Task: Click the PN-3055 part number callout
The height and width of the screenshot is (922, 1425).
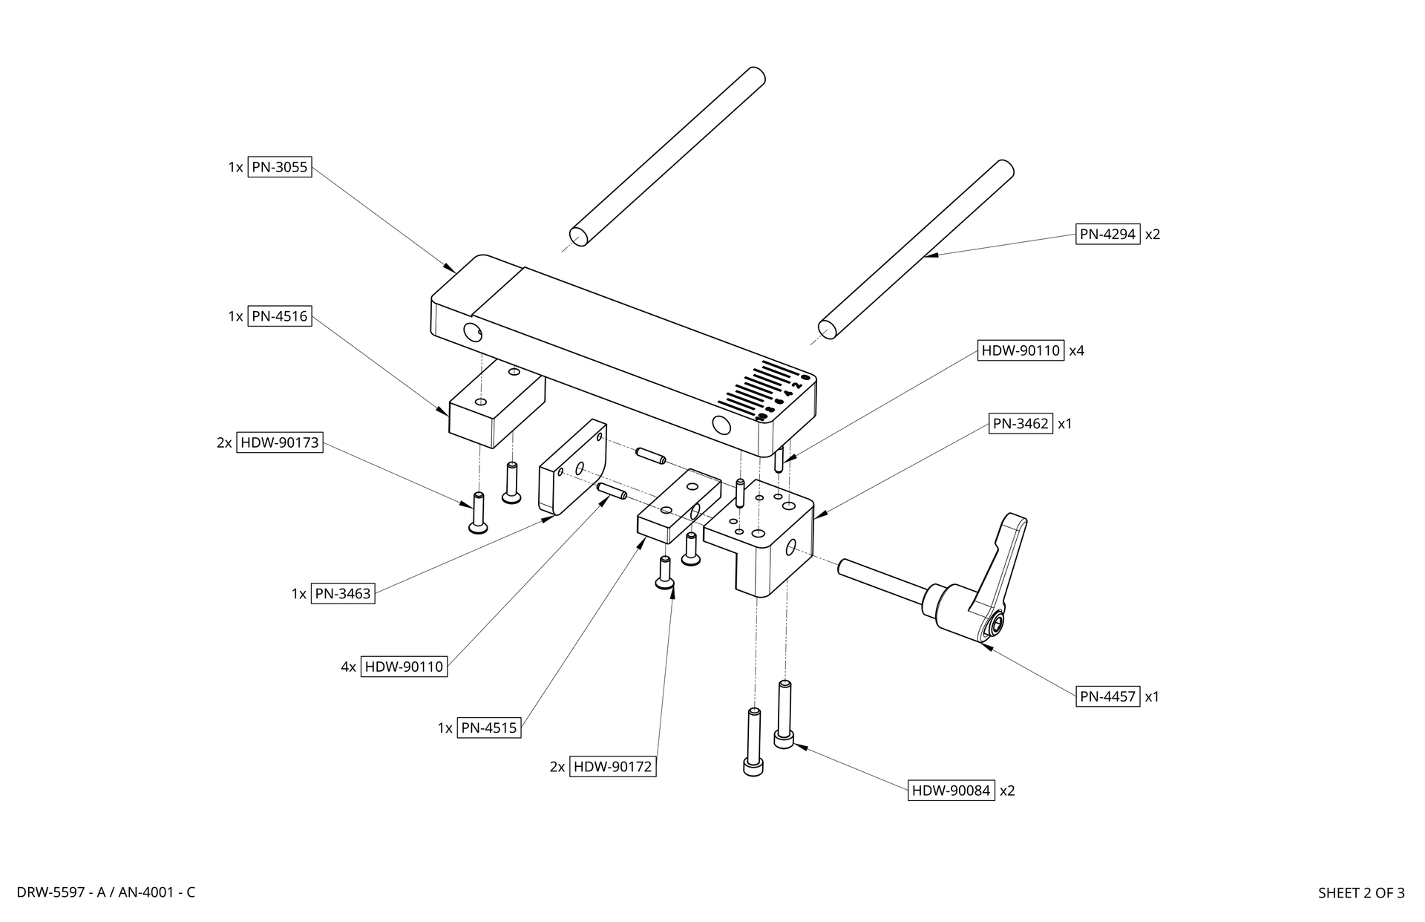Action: (279, 167)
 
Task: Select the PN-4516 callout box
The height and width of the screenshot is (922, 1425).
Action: (279, 316)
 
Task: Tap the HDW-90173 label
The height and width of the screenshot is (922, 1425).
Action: (279, 442)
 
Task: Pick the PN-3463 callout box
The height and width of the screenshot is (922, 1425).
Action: (342, 593)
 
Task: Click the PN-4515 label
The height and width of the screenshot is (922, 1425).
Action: (488, 728)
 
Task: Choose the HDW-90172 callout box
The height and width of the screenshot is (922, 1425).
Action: (612, 766)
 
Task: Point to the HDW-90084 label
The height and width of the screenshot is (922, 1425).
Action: (951, 791)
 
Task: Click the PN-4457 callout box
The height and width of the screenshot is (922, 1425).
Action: (1107, 696)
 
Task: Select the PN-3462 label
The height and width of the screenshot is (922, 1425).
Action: (1021, 424)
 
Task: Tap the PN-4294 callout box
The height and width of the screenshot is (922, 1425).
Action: (1107, 234)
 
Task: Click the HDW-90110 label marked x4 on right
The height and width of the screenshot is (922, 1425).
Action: (1021, 350)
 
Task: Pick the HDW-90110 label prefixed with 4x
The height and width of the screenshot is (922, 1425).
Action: (404, 667)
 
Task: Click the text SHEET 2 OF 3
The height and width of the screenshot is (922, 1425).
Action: (1361, 893)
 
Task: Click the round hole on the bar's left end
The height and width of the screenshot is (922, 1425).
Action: (471, 331)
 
